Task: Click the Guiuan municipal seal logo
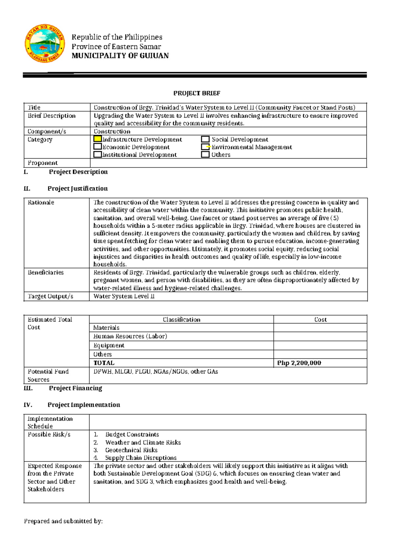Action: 44,43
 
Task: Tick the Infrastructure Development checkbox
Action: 98,139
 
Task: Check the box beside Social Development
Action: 205,139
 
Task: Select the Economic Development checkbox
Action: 98,147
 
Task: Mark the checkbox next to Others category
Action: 205,154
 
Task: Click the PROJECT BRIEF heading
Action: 197,93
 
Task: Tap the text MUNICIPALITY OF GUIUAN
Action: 120,56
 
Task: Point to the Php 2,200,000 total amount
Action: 299,363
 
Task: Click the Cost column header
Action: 320,320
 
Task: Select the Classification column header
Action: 181,320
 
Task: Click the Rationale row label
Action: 41,202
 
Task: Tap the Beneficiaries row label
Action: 46,272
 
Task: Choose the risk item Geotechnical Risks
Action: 131,450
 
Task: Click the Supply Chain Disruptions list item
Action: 141,458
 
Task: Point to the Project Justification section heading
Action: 77,189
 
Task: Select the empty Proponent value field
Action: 228,163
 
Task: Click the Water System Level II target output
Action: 124,296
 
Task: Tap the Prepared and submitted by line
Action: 63,521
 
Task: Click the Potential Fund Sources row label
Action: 48,375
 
